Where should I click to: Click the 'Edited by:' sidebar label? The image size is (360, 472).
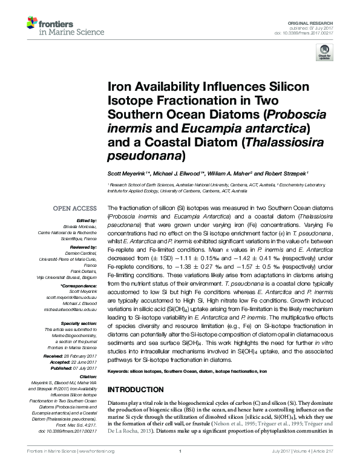(86, 221)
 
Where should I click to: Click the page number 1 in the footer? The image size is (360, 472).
(180, 467)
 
